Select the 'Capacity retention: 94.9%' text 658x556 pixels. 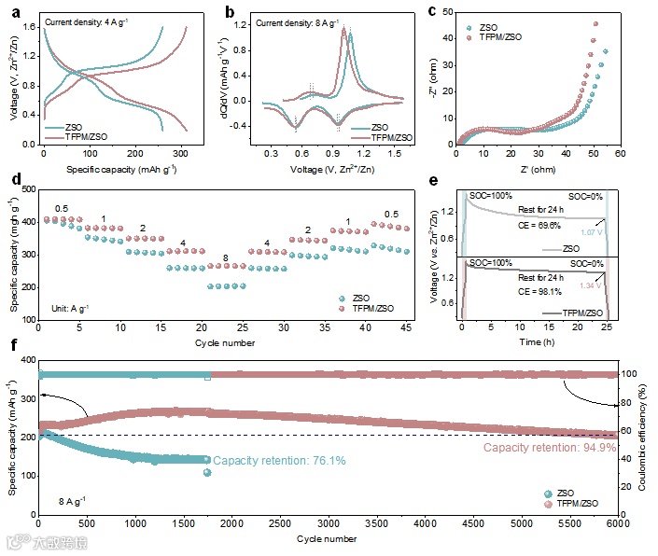pyautogui.click(x=550, y=448)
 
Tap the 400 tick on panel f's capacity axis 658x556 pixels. pyautogui.click(x=25, y=360)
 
